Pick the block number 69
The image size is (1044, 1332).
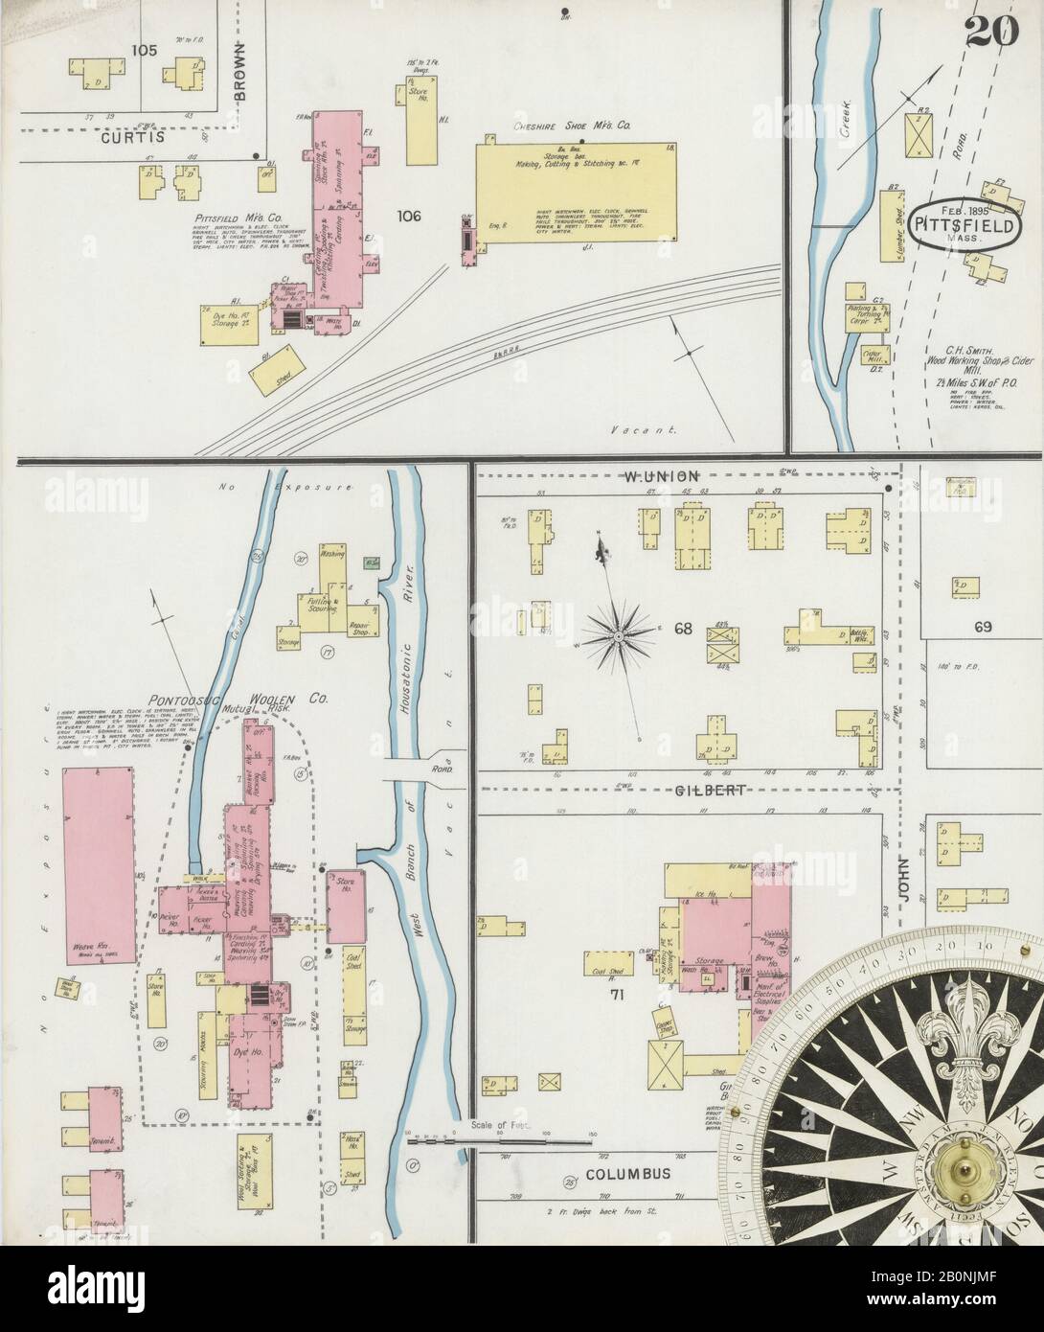click(x=982, y=628)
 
